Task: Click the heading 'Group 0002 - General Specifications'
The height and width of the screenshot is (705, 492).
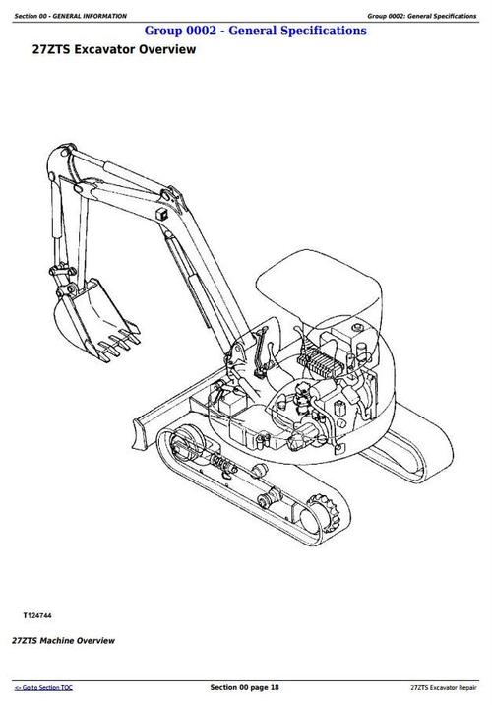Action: click(x=255, y=31)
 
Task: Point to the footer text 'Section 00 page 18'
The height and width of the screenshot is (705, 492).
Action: click(x=246, y=685)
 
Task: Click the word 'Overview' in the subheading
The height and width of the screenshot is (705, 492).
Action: click(x=161, y=50)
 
